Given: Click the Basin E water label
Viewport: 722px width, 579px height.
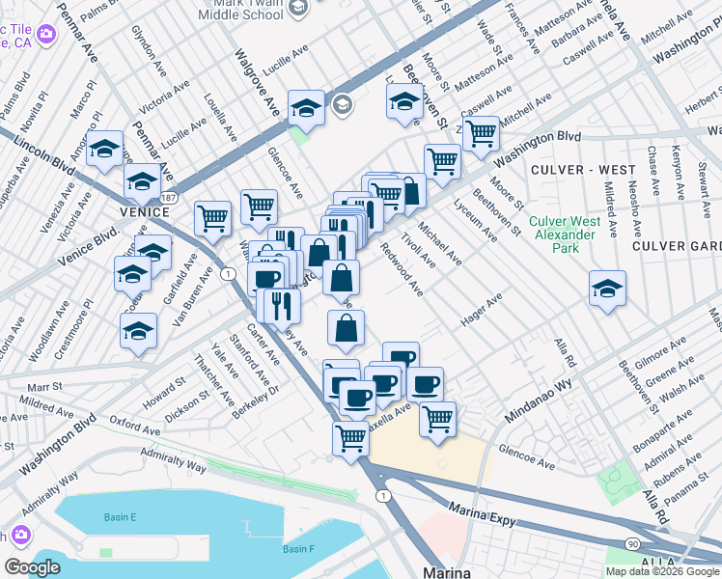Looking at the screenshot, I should pos(121,517).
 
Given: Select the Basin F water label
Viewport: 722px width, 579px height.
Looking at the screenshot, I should pos(299,549).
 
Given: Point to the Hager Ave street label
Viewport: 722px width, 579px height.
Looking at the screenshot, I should pos(482,312).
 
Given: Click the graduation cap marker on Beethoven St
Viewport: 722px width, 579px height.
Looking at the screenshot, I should pos(404,101).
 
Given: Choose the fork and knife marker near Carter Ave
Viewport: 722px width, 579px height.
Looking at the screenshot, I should pos(282,305).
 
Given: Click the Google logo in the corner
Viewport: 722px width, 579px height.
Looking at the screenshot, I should pos(32,567).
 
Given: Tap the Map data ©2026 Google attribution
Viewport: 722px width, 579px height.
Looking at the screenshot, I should pos(661,571).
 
